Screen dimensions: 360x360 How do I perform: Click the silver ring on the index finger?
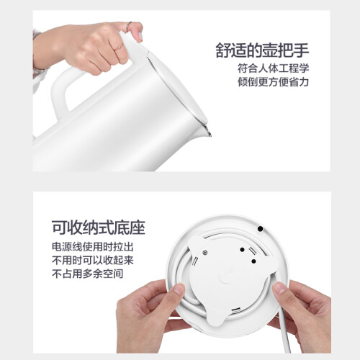130,24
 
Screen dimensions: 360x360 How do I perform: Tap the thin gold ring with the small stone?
118,48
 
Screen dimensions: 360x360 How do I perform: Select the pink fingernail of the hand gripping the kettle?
140,36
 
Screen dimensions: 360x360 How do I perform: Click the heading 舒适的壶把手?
262,50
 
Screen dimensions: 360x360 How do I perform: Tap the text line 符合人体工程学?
273,68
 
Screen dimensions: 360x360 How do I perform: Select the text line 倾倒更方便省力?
273,82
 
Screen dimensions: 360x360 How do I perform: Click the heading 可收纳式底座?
99,227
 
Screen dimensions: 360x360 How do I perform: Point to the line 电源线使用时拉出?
93,247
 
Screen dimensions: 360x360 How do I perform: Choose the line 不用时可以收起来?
93,261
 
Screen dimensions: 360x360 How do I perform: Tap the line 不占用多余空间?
88,274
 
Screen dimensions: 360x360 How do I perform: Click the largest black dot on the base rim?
260,229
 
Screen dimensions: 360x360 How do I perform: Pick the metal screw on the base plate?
204,253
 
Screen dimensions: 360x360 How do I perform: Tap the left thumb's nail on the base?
179,289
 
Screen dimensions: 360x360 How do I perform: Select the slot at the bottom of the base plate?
235,310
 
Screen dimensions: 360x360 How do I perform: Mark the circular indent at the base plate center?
225,279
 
